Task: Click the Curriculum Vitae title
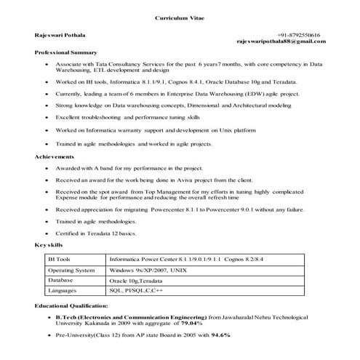(179, 17)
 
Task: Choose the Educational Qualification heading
(71, 307)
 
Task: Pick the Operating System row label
(71, 269)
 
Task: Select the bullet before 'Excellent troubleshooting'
(47, 117)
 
